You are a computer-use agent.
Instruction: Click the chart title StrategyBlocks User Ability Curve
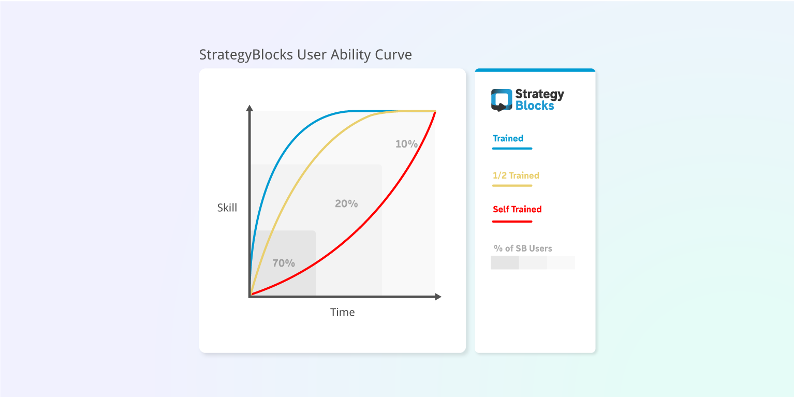tap(305, 54)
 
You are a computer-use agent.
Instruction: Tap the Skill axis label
tap(227, 208)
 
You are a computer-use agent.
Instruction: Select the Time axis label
tap(343, 312)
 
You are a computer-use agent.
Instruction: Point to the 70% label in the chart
tap(284, 263)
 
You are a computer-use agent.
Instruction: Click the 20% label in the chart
tap(346, 203)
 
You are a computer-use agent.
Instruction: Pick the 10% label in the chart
tap(406, 144)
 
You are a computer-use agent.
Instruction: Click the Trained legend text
tap(508, 138)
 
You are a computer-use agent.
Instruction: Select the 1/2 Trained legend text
tap(516, 175)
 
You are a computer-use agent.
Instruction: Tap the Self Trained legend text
tap(517, 209)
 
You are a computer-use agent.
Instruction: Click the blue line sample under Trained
tap(512, 149)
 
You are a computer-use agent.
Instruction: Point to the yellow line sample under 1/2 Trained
tap(512, 185)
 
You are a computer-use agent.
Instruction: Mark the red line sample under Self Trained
tap(512, 222)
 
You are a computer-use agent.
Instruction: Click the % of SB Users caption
tap(523, 248)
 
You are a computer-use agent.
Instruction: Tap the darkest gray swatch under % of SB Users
tap(505, 262)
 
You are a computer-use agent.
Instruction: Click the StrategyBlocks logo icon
tap(502, 100)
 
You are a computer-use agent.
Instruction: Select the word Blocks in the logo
tap(535, 106)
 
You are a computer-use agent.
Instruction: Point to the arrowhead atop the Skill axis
tap(249, 108)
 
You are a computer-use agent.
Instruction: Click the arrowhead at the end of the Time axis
tap(438, 297)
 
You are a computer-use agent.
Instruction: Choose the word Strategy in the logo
tap(539, 94)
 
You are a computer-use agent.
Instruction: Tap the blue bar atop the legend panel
tap(535, 70)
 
